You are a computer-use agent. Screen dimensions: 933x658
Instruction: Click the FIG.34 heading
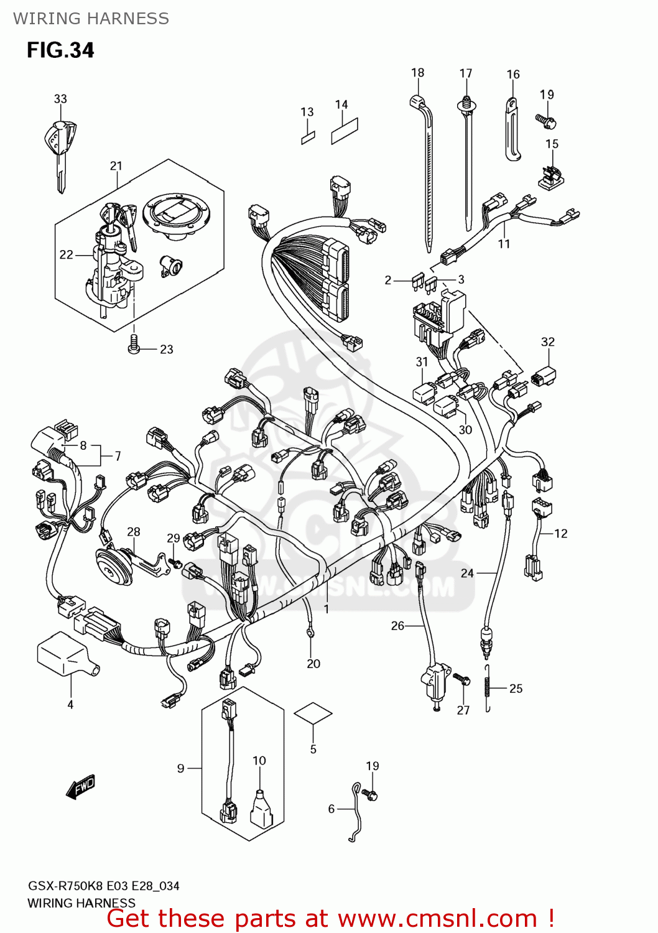[x=60, y=50]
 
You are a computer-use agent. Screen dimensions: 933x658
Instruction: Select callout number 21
[x=116, y=166]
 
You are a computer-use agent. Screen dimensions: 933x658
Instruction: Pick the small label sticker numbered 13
[x=308, y=137]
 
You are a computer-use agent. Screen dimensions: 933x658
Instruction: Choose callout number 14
[x=341, y=104]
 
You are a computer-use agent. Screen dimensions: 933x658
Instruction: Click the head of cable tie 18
[x=417, y=102]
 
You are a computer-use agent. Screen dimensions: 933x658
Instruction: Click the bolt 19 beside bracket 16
[x=546, y=120]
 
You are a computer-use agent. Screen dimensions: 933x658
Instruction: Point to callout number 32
[x=548, y=342]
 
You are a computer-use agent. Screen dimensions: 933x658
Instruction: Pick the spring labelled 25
[x=488, y=687]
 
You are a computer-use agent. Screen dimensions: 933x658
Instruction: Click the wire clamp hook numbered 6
[x=356, y=812]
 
